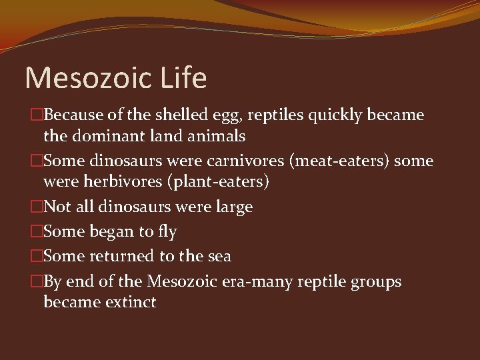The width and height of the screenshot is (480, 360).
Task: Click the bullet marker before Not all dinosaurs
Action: (x=37, y=207)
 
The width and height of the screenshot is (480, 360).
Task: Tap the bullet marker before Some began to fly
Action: (x=37, y=232)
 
